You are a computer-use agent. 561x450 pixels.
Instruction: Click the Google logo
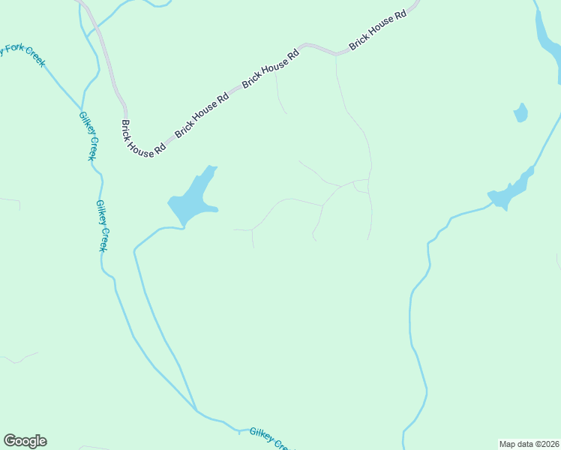(25, 441)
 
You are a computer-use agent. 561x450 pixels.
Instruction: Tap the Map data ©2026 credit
(529, 444)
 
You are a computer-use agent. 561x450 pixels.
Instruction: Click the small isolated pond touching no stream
(520, 113)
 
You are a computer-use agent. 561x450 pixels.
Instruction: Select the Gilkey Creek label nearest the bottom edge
(269, 438)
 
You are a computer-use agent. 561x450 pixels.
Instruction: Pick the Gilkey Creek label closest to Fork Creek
(88, 136)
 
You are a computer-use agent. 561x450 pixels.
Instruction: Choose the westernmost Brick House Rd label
(142, 139)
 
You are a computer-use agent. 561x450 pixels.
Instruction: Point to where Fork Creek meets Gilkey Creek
(80, 107)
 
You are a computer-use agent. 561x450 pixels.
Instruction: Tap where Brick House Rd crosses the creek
(94, 31)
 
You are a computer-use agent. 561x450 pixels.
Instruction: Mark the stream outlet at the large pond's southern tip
(182, 225)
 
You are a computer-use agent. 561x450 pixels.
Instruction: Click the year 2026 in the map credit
(549, 444)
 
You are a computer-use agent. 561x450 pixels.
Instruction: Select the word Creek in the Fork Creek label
(34, 57)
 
